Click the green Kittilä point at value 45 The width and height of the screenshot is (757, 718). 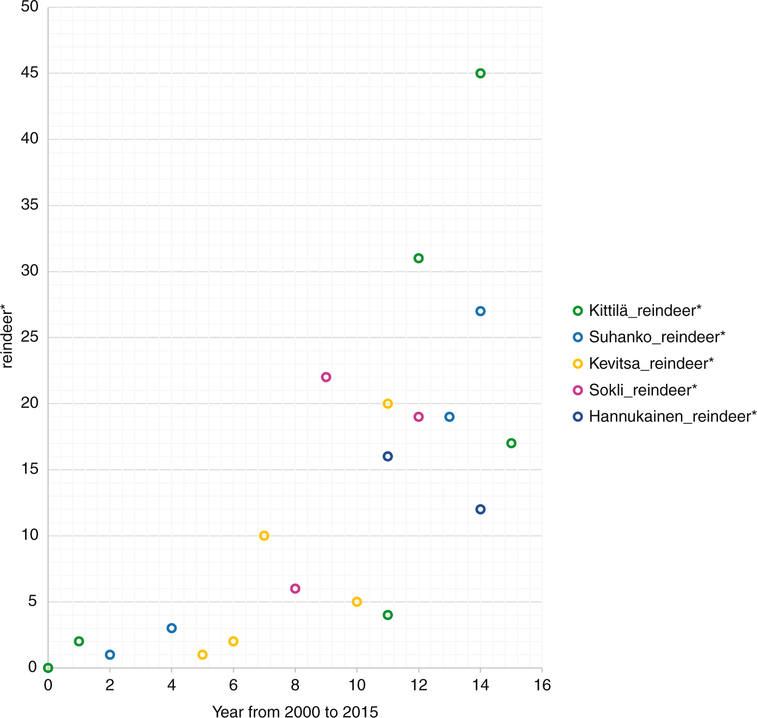pos(480,73)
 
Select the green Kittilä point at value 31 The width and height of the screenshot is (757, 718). pos(418,258)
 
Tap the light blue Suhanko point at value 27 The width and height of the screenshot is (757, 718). pos(480,312)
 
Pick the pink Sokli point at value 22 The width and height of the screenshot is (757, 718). pos(326,377)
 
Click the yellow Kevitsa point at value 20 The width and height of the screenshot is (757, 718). pos(388,404)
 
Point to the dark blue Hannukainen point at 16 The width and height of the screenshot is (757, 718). pos(388,456)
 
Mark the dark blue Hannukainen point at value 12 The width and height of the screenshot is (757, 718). pos(480,509)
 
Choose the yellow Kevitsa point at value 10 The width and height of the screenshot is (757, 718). pos(264,536)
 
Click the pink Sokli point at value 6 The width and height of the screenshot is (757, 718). pos(295,588)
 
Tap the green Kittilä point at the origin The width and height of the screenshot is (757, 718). pos(48,668)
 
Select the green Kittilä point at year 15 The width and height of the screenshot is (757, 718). pos(511,443)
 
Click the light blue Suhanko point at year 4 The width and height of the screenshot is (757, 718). pos(171,628)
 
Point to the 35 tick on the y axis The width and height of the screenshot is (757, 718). pos(29,205)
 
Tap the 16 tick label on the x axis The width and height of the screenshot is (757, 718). pos(542,685)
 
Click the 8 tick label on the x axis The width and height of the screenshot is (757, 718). pos(295,685)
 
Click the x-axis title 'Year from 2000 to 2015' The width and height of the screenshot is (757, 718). pos(295,712)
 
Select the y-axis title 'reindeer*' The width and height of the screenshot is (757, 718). pos(7,336)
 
